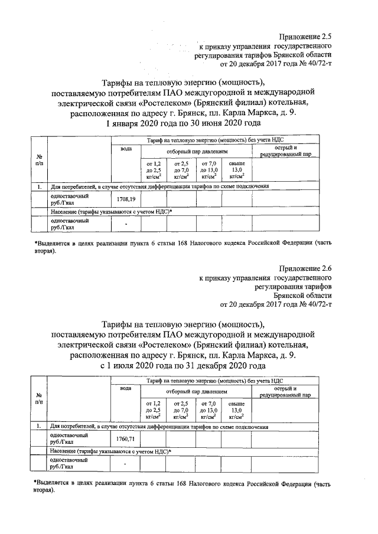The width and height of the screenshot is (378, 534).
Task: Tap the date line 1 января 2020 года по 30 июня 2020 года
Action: coord(183,123)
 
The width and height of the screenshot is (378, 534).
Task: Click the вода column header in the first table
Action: coord(126,149)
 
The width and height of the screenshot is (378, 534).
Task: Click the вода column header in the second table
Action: coord(126,388)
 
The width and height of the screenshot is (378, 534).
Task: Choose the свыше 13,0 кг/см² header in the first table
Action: coord(236,169)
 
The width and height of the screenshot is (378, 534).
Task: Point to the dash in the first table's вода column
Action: coord(126,224)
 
